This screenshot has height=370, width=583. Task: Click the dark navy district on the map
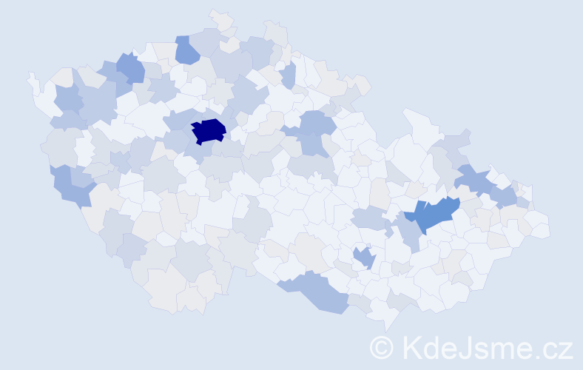[208, 131]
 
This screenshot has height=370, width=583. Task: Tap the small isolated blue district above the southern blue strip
[364, 258]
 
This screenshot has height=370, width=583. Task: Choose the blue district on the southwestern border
[72, 186]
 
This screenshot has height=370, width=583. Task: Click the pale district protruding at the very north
[220, 20]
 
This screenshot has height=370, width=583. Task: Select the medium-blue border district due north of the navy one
[186, 49]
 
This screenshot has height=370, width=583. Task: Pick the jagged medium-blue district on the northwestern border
[129, 68]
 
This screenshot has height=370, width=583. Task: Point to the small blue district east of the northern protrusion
[289, 74]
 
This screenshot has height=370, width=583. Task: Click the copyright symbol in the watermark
[382, 346]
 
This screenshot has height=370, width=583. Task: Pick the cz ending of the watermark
[556, 349]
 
